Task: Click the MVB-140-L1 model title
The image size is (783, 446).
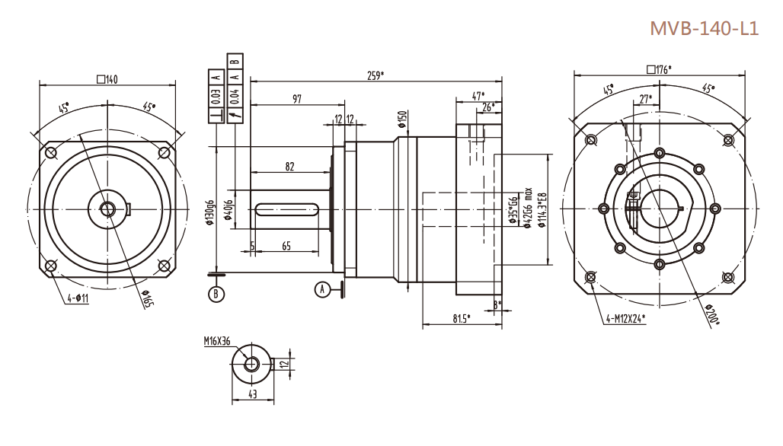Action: [704, 29]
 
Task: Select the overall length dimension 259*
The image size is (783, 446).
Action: [375, 75]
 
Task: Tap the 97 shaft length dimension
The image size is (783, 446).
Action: [297, 100]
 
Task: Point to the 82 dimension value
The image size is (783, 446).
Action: [290, 166]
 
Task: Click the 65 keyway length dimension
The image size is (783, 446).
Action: [286, 245]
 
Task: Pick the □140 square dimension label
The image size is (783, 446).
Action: [107, 79]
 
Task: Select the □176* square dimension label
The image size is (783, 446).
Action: [659, 69]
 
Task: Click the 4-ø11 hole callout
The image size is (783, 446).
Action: [77, 298]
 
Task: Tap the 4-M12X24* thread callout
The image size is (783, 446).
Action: [625, 319]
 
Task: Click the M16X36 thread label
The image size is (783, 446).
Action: [217, 342]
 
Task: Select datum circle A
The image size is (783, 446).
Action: [324, 289]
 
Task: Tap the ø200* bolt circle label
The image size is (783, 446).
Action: [713, 315]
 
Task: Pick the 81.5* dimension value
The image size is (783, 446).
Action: [462, 317]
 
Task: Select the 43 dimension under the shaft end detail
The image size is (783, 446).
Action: [251, 393]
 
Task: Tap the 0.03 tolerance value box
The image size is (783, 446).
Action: [216, 97]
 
